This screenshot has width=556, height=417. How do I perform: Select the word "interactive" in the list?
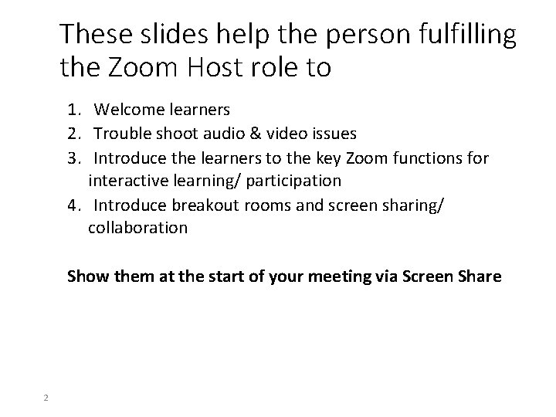[x=129, y=181]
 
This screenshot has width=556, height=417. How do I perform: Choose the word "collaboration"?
[x=137, y=228]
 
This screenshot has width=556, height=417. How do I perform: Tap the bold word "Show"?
[x=86, y=276]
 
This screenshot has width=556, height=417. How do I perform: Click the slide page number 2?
[x=46, y=398]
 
